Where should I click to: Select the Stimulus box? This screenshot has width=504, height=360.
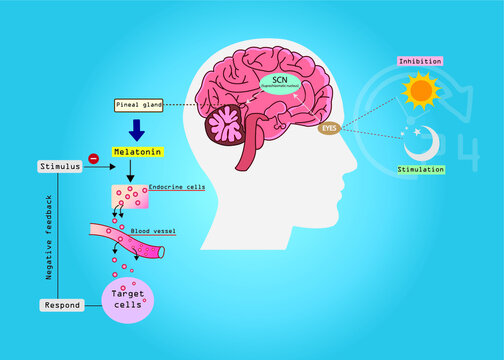point(59,165)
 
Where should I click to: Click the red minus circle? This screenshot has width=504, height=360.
point(93,158)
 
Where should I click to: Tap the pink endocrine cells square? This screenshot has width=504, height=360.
point(130,196)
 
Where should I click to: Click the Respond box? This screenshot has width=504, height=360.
point(59,304)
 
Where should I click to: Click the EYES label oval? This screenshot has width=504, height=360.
point(329,128)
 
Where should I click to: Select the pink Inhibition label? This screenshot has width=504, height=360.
point(420,61)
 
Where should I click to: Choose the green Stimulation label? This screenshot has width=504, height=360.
point(420,170)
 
